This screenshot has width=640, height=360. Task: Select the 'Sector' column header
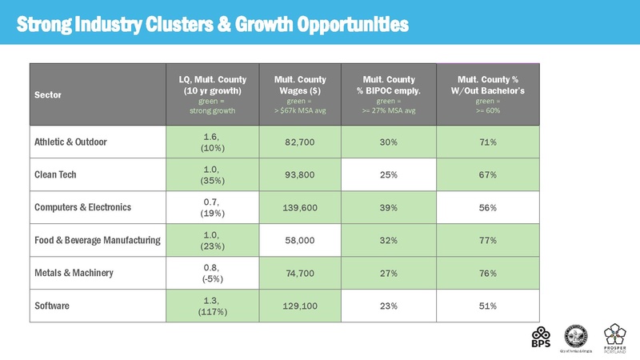47,94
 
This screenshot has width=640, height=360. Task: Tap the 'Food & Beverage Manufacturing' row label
98,240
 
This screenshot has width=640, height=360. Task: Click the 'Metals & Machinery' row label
74,273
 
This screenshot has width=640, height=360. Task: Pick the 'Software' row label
53,306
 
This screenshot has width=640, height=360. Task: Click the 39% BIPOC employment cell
389,208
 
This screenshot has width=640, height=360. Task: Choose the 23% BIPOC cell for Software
389,306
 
